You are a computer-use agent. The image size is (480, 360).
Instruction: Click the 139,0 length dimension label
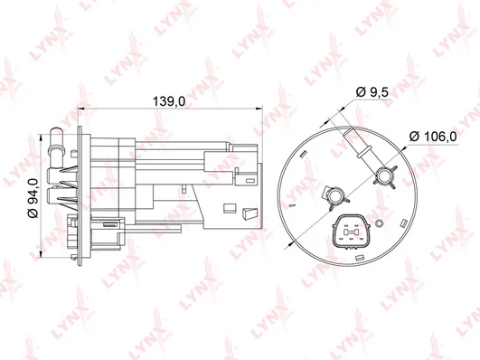(x=169, y=101)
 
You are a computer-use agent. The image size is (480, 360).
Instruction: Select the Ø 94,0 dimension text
(x=33, y=197)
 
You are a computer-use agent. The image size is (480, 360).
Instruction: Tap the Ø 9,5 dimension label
(x=372, y=92)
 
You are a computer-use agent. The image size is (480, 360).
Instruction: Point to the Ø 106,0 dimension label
(x=433, y=137)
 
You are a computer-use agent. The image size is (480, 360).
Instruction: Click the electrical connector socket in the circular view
(x=351, y=232)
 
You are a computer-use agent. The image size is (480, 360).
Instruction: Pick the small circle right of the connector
(x=379, y=223)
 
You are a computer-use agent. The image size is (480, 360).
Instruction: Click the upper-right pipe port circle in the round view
(x=384, y=175)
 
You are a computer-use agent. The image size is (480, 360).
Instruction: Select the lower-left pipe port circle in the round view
(x=335, y=196)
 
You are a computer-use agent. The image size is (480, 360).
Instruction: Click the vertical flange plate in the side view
(x=80, y=195)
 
